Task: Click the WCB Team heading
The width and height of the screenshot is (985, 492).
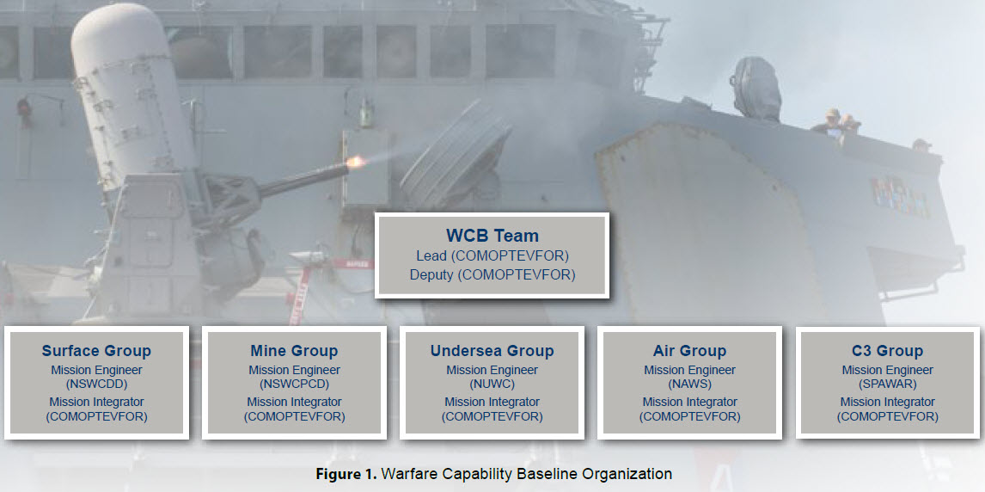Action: (492, 237)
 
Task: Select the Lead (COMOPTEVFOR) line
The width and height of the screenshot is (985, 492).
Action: (492, 256)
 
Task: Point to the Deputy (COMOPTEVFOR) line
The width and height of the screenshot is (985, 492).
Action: (492, 275)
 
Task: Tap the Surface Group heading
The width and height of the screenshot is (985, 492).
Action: (97, 351)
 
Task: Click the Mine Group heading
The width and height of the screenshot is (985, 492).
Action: (294, 351)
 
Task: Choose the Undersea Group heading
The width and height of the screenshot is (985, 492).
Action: (492, 351)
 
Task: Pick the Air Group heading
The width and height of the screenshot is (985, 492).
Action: (689, 351)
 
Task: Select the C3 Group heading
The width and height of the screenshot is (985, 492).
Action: (888, 351)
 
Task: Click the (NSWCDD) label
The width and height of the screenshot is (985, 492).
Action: (97, 384)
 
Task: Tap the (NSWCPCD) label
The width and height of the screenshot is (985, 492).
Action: (294, 384)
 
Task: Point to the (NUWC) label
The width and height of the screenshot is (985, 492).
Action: (492, 384)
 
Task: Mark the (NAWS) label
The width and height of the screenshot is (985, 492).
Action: (689, 384)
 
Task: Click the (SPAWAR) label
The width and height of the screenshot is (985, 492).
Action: (888, 384)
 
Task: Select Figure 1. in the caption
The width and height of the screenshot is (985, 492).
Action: (346, 474)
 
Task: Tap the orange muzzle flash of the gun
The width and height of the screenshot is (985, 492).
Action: (356, 162)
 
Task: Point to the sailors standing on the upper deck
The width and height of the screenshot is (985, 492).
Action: (839, 123)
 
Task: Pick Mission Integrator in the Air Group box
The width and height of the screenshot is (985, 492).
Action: (689, 403)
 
